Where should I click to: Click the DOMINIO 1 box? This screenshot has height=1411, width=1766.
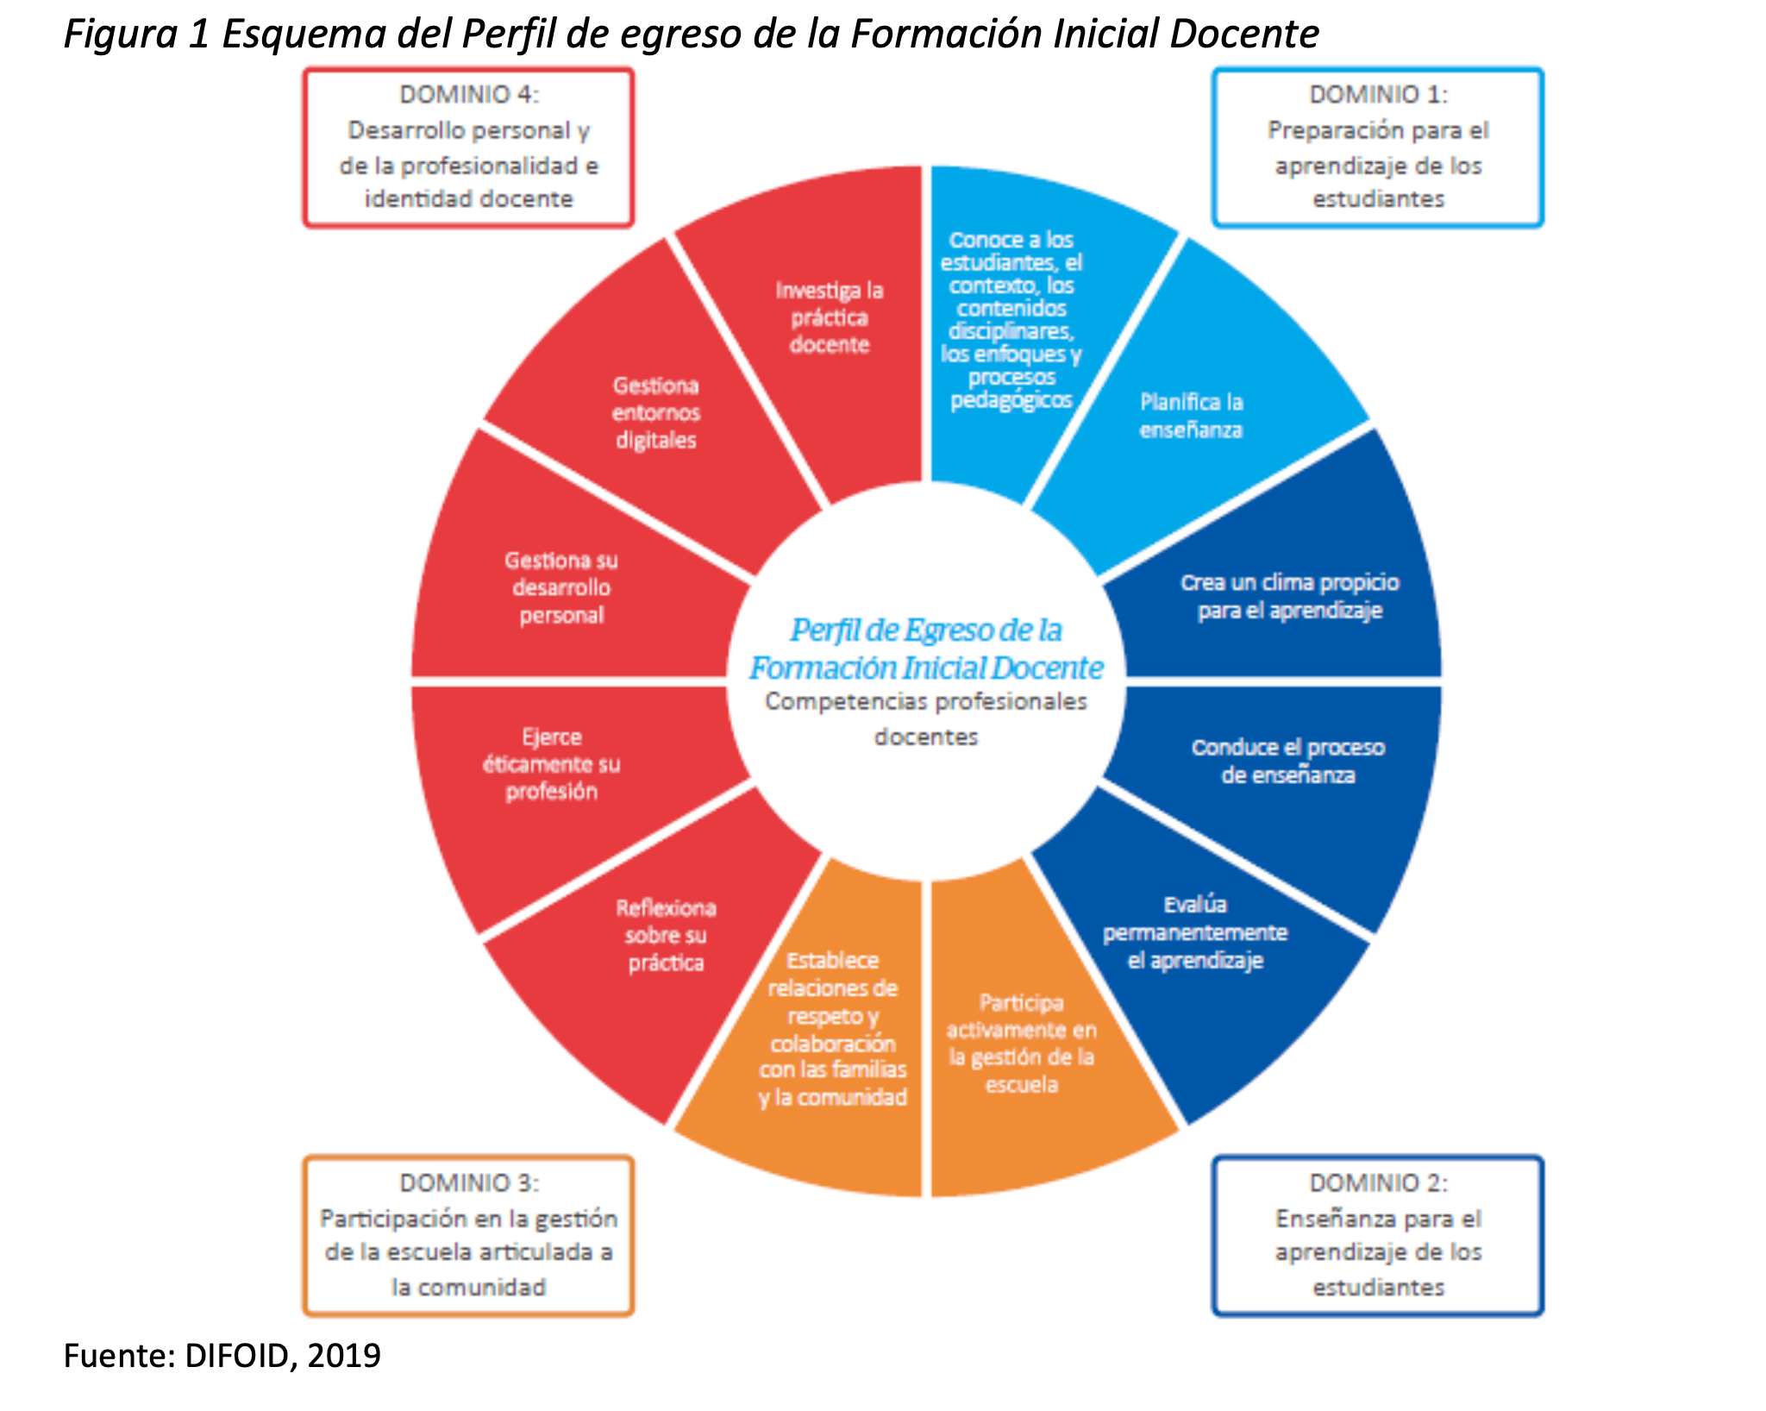1377,147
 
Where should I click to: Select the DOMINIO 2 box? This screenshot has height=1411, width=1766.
1377,1235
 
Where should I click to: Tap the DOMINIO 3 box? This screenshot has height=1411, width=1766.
468,1235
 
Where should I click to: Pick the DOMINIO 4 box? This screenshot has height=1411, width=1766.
468,147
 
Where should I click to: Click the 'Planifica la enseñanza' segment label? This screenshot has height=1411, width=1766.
1191,416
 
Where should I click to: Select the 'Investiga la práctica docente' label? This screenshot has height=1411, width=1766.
830,317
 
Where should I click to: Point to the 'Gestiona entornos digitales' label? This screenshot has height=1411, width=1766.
656,412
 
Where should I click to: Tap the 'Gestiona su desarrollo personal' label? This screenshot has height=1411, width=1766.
561,587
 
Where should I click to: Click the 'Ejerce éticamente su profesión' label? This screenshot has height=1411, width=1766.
552,764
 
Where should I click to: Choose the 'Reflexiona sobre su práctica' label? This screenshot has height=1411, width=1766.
666,935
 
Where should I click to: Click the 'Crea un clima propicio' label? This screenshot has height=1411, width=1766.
1289,596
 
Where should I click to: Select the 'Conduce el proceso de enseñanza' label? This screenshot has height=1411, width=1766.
1288,761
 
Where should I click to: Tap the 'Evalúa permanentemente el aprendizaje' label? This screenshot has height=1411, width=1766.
1195,932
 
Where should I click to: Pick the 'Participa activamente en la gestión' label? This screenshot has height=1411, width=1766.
1022,1043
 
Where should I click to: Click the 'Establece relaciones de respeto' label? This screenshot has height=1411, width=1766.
833,1028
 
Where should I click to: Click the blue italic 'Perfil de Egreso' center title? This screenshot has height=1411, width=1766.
926,649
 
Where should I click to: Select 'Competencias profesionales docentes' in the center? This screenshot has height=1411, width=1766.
926,718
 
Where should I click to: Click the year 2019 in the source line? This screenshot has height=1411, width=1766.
344,1355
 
